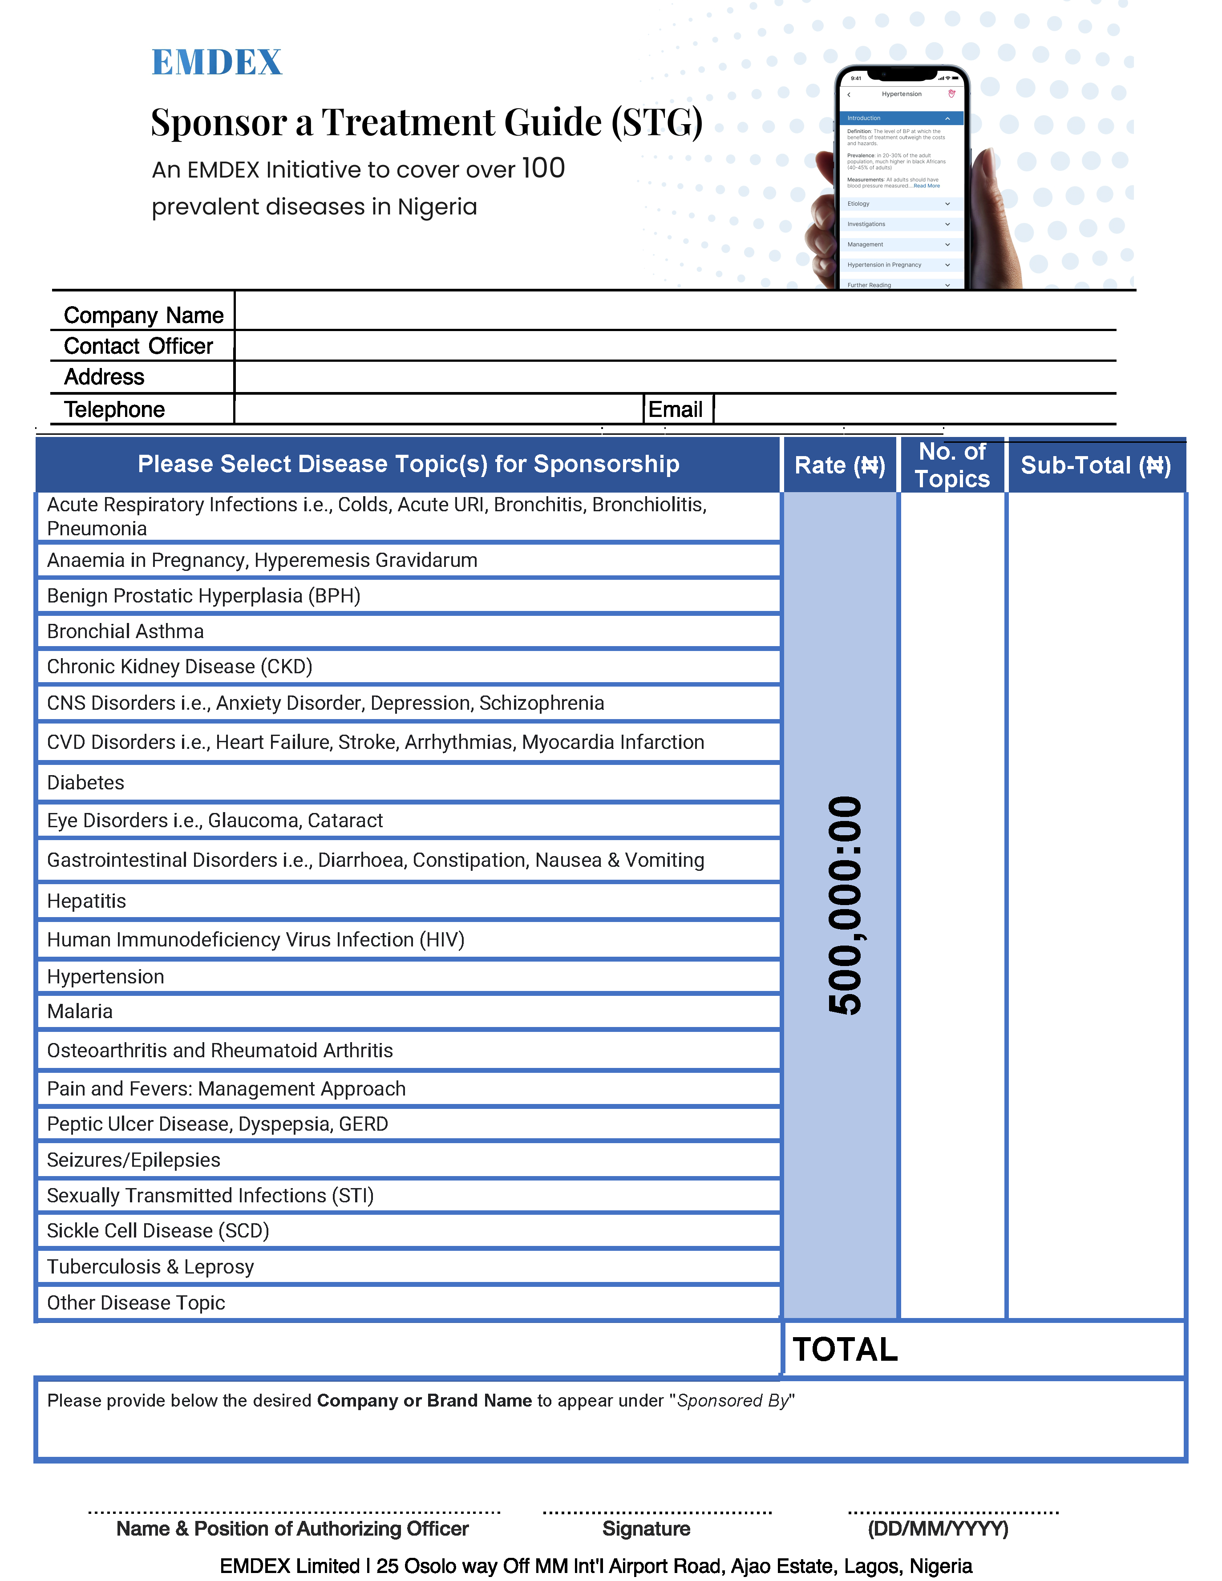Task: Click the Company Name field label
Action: coord(143,315)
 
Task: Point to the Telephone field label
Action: coord(114,410)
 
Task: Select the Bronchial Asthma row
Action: coord(125,631)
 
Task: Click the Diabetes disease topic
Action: coord(85,783)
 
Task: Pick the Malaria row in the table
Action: coord(80,1011)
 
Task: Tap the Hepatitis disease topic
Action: coord(86,901)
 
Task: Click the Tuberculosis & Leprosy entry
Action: coord(150,1267)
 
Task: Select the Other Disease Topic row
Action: coord(136,1303)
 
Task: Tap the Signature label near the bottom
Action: coord(646,1529)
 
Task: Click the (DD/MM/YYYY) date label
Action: coord(938,1529)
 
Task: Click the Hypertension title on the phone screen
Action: coord(901,94)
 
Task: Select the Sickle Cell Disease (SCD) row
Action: coord(158,1231)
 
